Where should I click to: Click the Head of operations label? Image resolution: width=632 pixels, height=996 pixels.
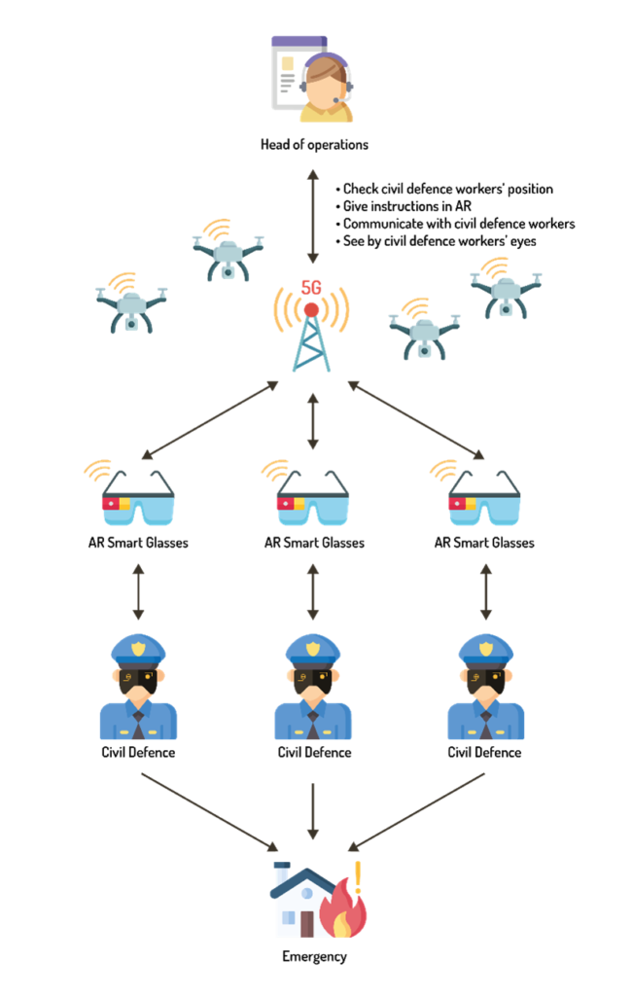314,145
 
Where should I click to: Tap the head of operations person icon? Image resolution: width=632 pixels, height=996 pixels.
312,80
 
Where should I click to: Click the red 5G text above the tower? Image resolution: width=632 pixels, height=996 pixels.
311,288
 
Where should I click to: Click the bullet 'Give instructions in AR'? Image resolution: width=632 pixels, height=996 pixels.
404,206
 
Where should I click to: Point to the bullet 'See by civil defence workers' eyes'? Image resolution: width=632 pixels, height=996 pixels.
436,241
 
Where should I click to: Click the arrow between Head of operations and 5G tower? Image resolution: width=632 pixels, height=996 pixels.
312,217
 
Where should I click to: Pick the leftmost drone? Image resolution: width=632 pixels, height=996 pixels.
131,303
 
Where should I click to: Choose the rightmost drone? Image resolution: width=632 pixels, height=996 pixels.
507,288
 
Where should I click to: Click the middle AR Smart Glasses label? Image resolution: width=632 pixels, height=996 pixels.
314,543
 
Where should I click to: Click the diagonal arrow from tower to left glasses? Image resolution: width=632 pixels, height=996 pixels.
210,420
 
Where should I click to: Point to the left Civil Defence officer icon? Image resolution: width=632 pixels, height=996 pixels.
138,687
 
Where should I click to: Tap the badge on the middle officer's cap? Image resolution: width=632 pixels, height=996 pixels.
312,649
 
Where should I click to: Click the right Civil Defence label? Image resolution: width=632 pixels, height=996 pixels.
484,753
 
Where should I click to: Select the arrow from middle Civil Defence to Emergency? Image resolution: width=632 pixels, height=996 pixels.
312,811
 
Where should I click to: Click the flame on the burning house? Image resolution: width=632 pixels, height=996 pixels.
343,908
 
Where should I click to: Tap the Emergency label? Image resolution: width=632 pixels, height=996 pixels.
314,957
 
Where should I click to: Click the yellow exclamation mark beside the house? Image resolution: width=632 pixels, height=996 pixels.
358,876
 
